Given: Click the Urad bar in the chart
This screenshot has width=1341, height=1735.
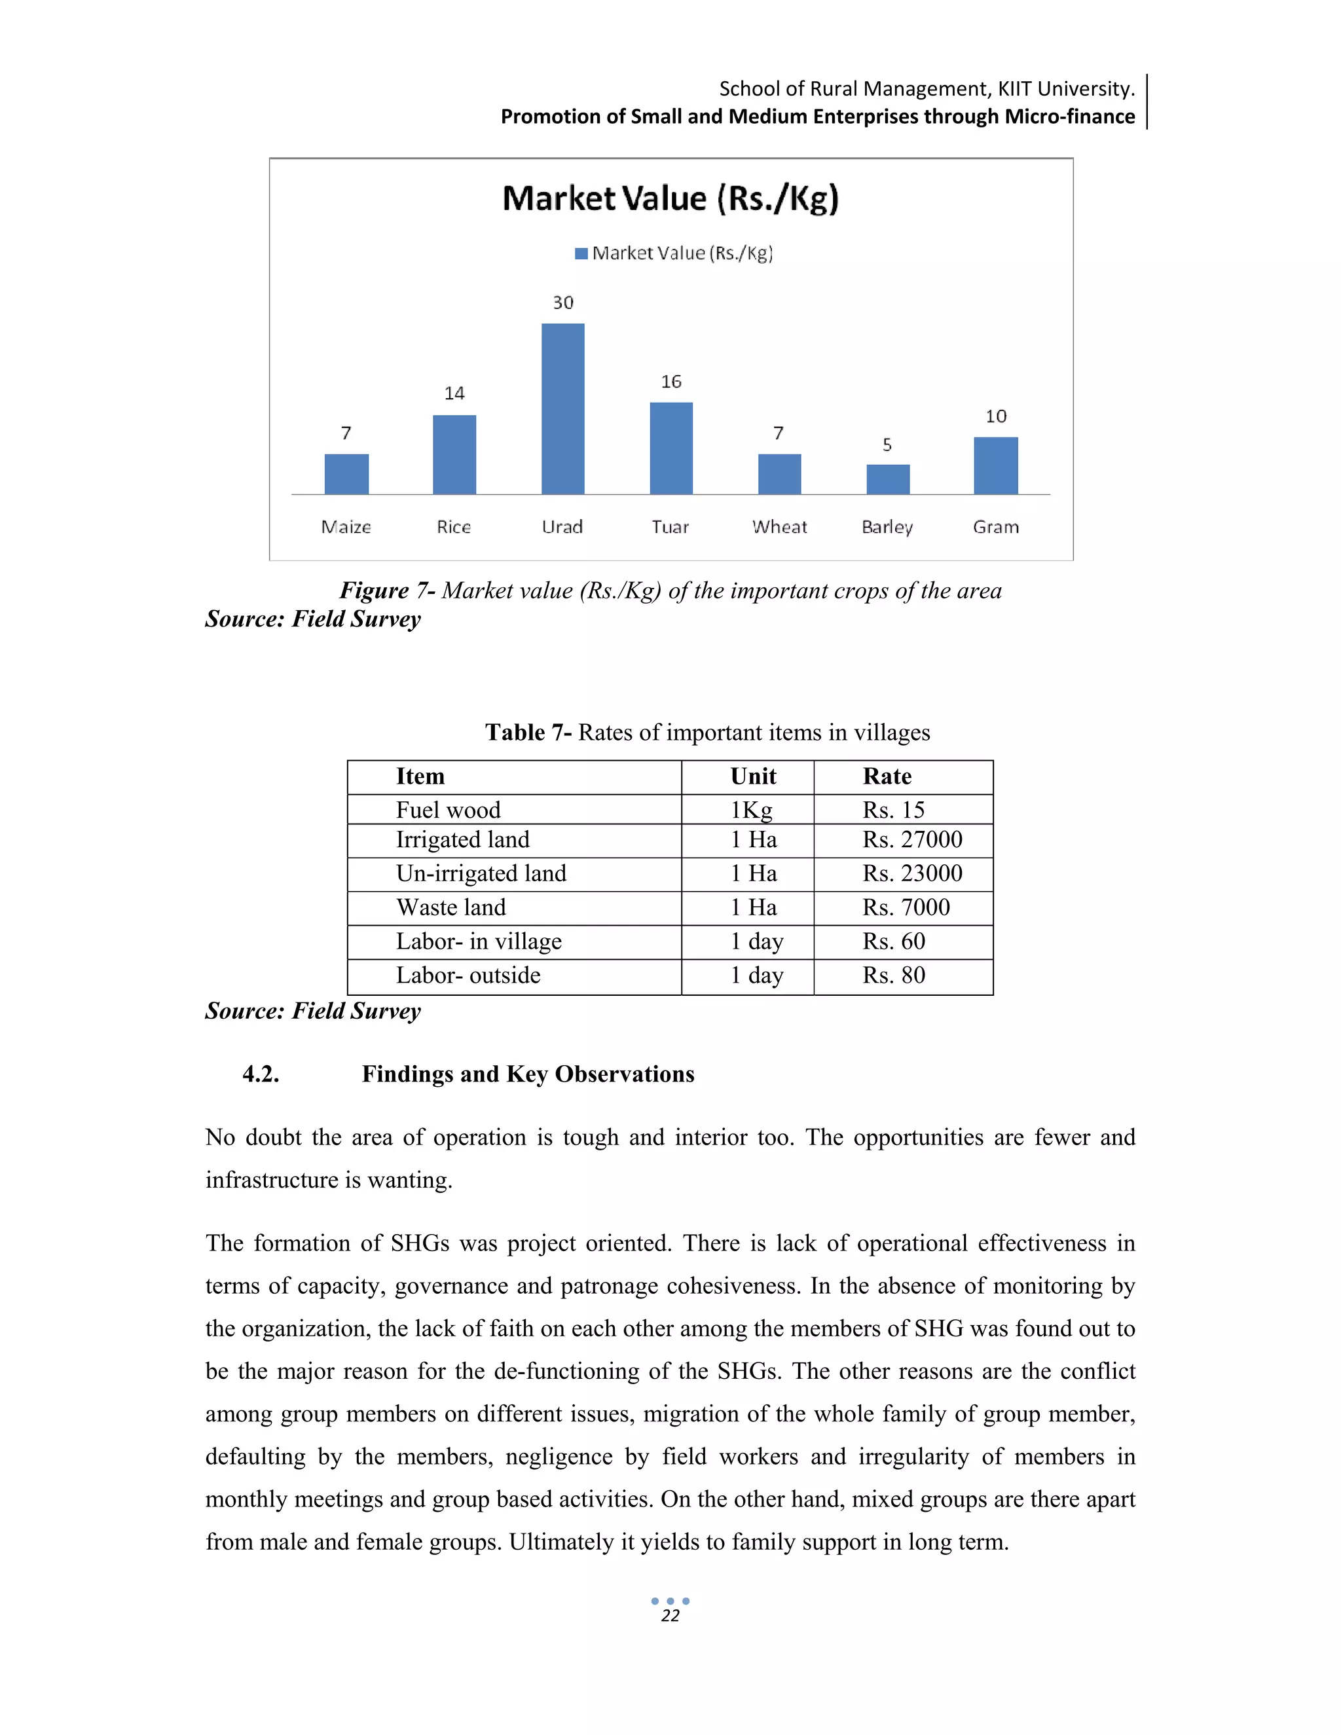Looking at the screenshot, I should pos(562,409).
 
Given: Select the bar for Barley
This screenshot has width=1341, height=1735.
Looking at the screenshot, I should pos(887,479).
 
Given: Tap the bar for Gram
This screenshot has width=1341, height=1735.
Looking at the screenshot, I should pos(995,466).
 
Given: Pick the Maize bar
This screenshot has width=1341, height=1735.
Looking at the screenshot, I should pos(346,474).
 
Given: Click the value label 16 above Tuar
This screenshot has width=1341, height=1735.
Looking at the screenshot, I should pos(671,382).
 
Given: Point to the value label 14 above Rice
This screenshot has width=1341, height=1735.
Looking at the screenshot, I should pos(454,393).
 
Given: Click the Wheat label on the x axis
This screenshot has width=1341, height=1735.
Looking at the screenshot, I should pos(779,526).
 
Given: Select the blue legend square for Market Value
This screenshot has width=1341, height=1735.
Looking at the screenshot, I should pos(581,253).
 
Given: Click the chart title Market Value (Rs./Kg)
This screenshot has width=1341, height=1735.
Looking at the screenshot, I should pos(670,198).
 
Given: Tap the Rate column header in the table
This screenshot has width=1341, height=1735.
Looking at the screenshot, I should pos(887,776).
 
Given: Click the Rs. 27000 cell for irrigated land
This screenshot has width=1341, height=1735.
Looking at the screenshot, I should pos(912,840).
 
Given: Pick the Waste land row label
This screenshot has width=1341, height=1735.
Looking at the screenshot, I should pos(450,907).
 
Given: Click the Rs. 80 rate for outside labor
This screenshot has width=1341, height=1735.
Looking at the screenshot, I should pos(894,976).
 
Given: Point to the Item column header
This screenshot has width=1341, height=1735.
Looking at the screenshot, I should pos(420,776).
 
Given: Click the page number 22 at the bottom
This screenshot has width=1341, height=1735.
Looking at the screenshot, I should pos(670,1616).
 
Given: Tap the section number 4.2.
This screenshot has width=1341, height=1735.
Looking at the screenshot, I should pos(261,1074).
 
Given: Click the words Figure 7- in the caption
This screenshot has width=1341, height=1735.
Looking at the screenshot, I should pos(387,591).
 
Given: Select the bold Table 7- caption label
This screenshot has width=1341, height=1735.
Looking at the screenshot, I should pos(528,732).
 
